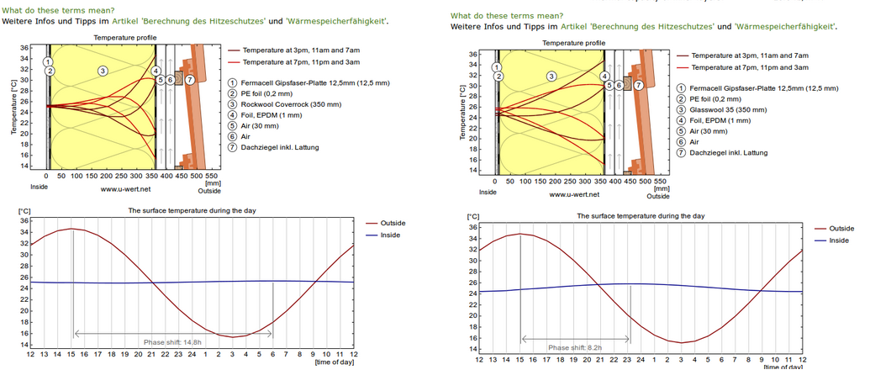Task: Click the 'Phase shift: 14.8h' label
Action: point(173,342)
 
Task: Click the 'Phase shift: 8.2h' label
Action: point(575,347)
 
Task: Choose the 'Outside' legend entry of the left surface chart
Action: point(393,223)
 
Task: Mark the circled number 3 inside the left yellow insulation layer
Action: point(102,71)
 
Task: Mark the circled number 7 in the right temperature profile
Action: point(638,85)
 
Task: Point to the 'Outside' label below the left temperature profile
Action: point(210,191)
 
